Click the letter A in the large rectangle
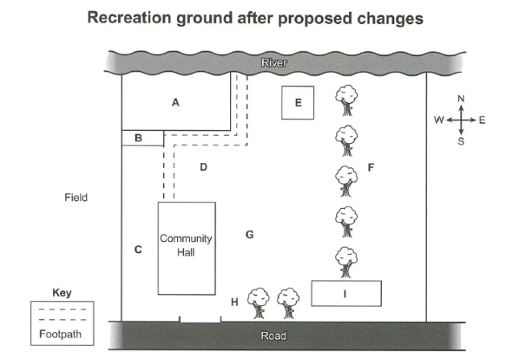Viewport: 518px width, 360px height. click(175, 103)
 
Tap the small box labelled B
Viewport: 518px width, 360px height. click(142, 138)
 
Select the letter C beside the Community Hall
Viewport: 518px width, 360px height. click(138, 249)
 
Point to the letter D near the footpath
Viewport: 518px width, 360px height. click(203, 167)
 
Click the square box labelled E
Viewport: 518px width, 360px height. click(298, 103)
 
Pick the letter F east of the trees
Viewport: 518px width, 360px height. click(371, 167)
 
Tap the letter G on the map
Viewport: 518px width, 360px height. click(249, 235)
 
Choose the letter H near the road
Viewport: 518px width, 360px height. click(235, 302)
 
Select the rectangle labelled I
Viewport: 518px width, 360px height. click(347, 293)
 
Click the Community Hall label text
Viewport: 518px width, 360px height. click(186, 245)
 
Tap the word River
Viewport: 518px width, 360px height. click(274, 63)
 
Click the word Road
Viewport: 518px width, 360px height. click(273, 336)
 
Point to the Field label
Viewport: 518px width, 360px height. click(76, 198)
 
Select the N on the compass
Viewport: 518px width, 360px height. click(461, 98)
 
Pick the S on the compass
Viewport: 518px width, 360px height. click(461, 141)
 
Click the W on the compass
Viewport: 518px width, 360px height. click(439, 120)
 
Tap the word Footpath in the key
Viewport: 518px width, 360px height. click(60, 334)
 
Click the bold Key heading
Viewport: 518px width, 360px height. click(62, 292)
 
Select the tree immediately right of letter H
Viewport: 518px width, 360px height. click(258, 303)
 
